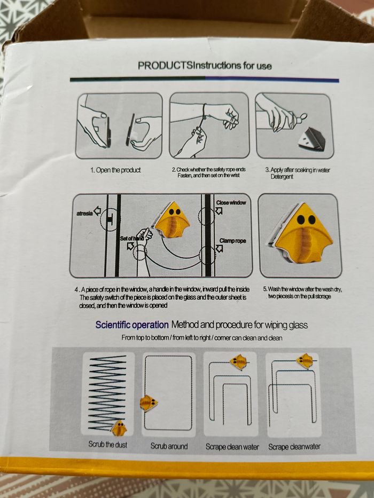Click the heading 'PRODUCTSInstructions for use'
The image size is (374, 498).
pos(205,66)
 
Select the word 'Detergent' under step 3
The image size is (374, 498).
pos(282,177)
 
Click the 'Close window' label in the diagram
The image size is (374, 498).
pos(231,203)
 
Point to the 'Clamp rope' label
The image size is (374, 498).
pos(232,241)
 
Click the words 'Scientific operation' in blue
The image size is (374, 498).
pos(132,325)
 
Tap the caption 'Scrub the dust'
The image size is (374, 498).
pos(107,445)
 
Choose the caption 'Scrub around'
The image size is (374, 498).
pos(169,445)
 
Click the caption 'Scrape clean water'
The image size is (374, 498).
pos(232,446)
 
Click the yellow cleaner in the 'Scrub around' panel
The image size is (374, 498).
pos(149,403)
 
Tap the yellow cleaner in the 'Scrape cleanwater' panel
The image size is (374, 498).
pos(304,361)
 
